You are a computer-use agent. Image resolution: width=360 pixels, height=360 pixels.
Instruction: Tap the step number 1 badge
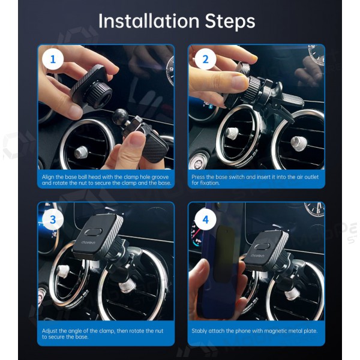(x=53, y=59)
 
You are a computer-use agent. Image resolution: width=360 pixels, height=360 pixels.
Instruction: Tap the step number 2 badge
(x=206, y=59)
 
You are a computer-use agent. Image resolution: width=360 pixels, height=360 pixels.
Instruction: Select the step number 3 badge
(x=53, y=220)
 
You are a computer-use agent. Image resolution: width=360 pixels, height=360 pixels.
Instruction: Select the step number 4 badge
(x=206, y=220)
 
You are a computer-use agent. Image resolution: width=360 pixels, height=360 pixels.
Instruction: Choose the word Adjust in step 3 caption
(x=50, y=331)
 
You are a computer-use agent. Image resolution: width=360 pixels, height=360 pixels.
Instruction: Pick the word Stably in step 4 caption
(x=200, y=331)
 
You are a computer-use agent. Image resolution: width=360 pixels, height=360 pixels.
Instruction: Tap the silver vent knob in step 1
(x=81, y=152)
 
